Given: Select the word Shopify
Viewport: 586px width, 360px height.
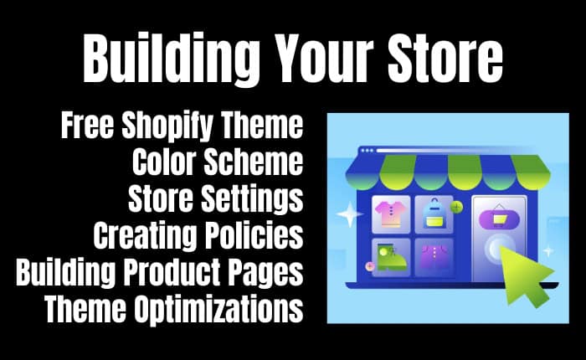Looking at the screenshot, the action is point(168,126).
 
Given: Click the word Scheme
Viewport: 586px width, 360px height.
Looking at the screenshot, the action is point(254,162).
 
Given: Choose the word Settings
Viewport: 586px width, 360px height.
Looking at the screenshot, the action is point(252,199).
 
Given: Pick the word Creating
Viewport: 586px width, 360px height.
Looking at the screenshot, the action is point(145,235).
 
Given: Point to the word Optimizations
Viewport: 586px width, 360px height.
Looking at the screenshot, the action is point(218,308).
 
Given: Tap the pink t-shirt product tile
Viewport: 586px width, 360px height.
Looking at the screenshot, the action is point(391,214).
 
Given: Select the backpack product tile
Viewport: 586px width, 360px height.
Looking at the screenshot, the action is point(434,214).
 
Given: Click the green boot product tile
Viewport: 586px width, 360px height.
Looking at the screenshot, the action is point(391,258).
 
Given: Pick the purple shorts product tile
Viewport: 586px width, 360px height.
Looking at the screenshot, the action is point(434,258).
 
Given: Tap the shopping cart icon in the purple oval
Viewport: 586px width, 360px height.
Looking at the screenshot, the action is point(499,219).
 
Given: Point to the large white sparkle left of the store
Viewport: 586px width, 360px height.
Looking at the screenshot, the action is point(349,214).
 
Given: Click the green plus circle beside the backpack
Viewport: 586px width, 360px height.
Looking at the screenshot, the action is point(456,207).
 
